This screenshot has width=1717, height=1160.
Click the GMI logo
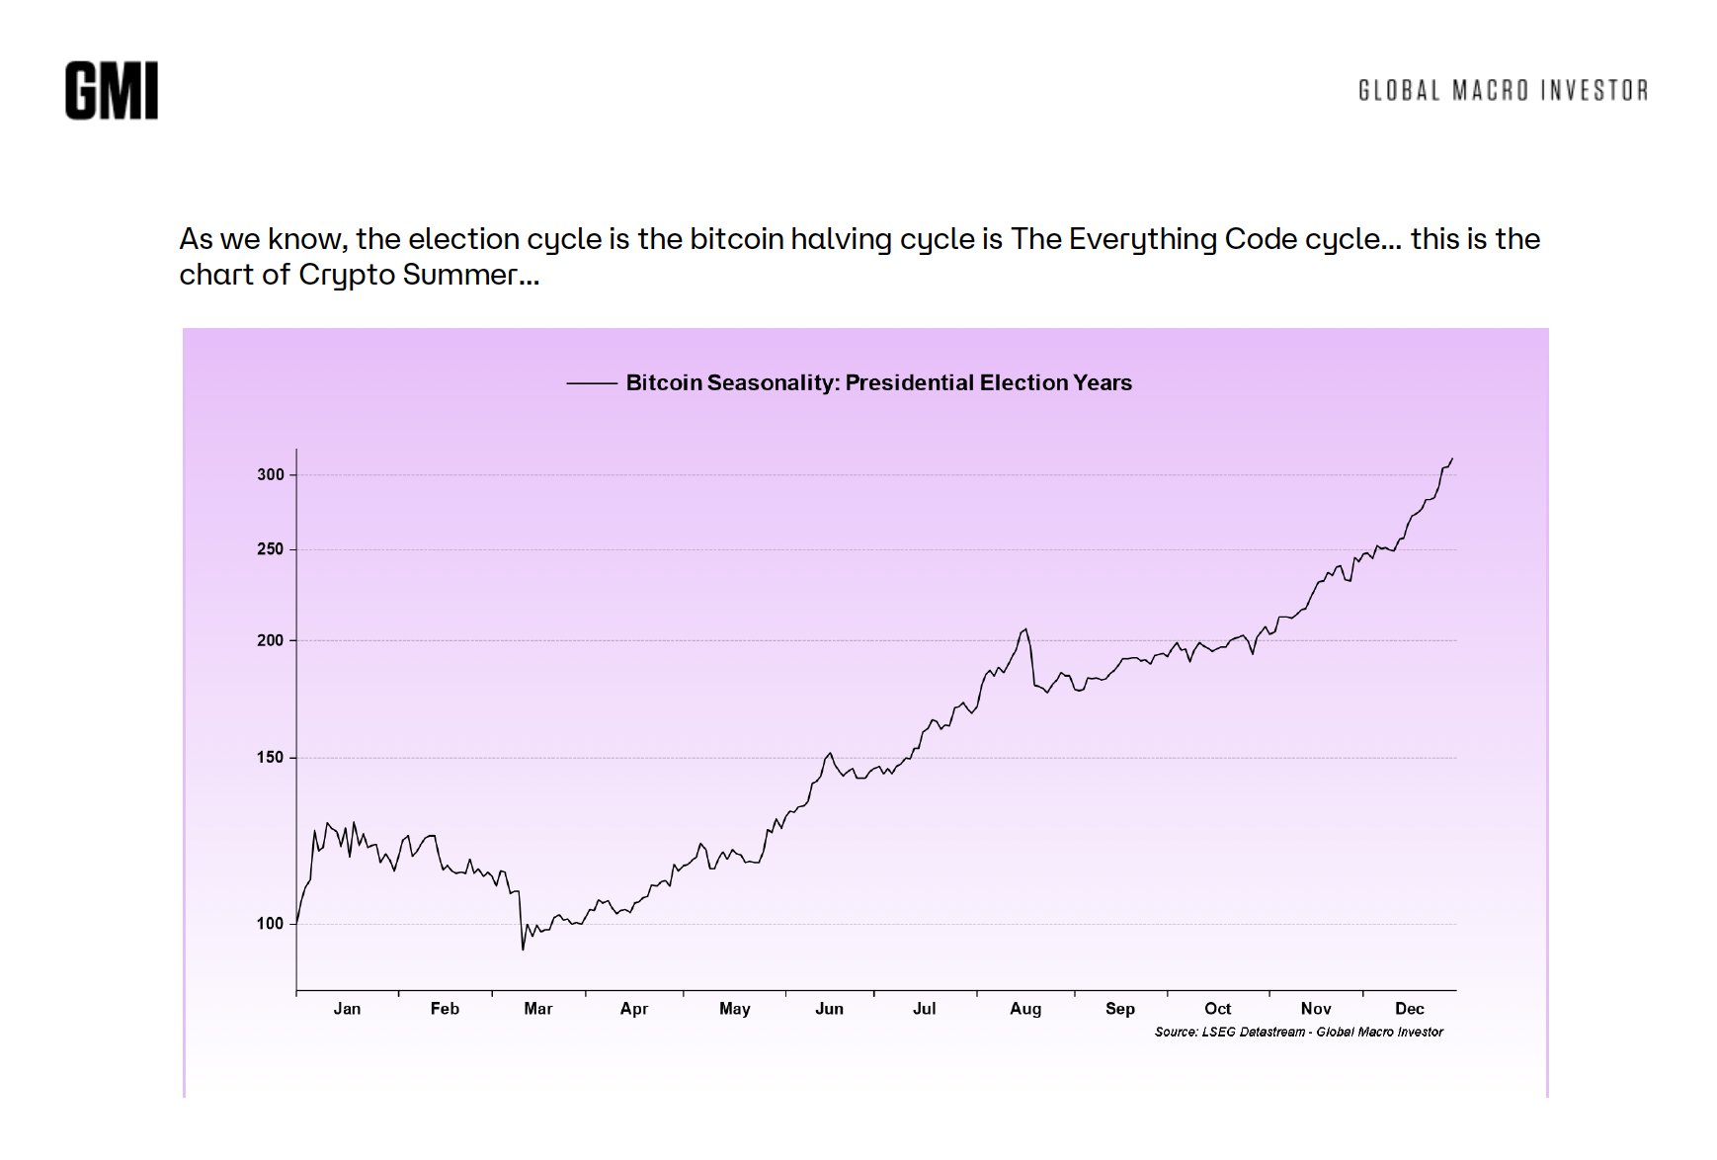point(112,91)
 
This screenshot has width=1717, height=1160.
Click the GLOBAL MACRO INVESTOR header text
point(1503,91)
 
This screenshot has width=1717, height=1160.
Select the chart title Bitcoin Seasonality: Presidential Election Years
point(878,383)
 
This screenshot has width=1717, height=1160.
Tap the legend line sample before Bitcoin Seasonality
point(591,383)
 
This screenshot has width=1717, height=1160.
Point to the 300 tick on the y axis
point(271,475)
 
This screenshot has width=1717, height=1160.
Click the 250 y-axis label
point(271,549)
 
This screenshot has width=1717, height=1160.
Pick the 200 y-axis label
point(271,640)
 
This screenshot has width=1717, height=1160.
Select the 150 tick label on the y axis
point(271,758)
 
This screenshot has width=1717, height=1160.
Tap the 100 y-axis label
point(271,924)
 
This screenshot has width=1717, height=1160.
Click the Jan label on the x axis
point(347,1009)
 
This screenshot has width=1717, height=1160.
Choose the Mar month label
point(538,1009)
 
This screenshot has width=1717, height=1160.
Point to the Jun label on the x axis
point(829,1009)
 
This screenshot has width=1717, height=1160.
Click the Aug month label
point(1025,1009)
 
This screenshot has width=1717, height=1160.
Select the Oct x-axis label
point(1217,1009)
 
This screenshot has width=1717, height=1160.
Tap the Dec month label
point(1409,1009)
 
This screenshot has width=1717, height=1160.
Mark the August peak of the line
point(1025,629)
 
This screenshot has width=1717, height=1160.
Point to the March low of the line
point(523,950)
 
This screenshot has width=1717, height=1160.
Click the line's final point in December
point(1452,458)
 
